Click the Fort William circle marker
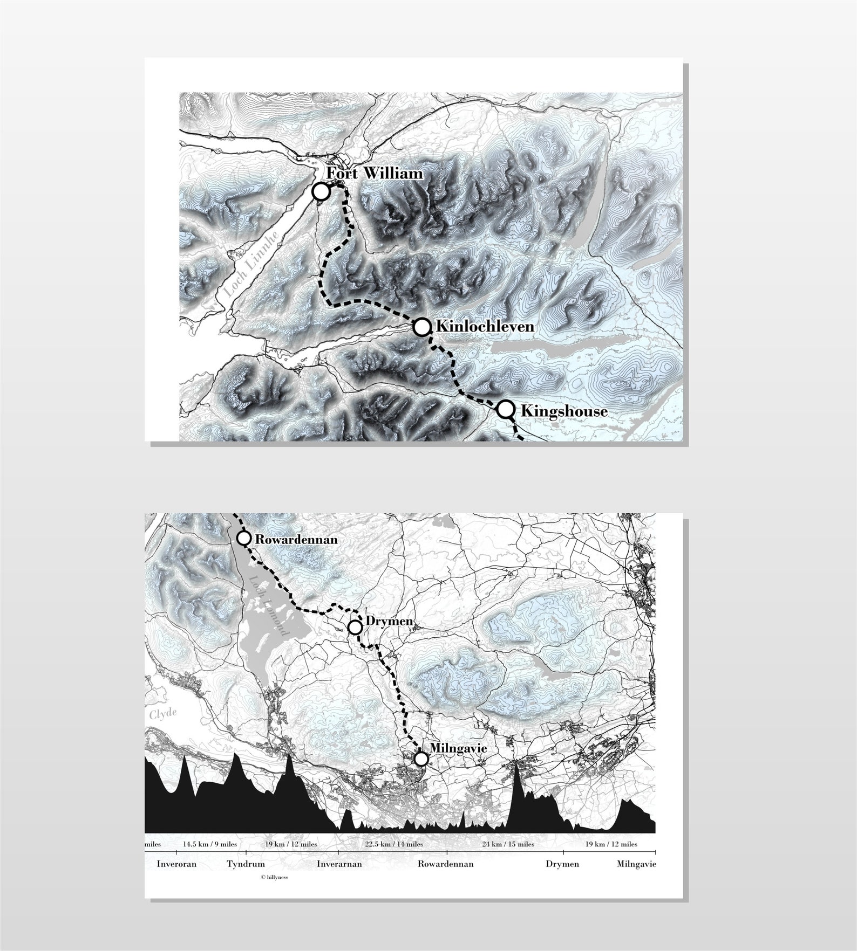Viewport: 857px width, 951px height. point(321,191)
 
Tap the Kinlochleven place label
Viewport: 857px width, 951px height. point(485,327)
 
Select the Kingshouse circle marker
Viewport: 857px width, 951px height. point(505,409)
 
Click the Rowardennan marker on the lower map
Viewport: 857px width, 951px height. point(244,538)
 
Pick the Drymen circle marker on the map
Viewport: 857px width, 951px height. point(355,628)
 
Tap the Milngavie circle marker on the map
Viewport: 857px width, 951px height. point(421,759)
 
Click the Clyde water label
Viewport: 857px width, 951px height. point(162,713)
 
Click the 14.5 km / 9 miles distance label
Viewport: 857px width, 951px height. point(209,844)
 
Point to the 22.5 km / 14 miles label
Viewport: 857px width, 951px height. point(393,844)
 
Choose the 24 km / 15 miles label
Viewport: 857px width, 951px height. point(508,844)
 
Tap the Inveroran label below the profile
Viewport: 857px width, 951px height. point(176,864)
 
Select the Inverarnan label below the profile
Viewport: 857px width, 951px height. point(339,864)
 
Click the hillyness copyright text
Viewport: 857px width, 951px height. point(274,877)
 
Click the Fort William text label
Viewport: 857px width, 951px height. point(375,174)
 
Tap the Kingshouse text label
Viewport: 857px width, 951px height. point(564,412)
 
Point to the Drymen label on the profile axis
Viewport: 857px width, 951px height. point(562,864)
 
